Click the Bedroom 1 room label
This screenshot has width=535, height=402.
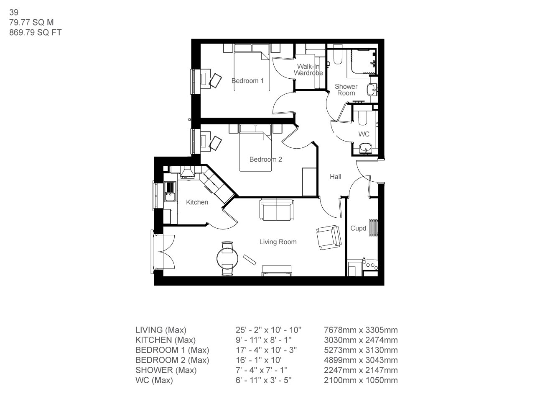pos(247,80)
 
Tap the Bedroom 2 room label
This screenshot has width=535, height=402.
pos(265,159)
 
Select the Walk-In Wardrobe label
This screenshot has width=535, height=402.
pos(308,70)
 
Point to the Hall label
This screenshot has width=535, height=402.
pos(335,177)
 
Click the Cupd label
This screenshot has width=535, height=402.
pos(358,228)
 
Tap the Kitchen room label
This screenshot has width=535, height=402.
pos(197,202)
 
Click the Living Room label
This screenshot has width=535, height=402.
pos(278,242)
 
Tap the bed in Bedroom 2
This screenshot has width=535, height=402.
pos(255,151)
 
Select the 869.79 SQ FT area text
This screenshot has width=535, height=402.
pos(35,32)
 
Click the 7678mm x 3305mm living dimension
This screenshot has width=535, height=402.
pos(361,330)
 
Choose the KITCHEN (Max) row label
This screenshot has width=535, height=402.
pos(165,340)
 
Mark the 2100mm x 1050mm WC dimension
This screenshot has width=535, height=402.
pos(361,380)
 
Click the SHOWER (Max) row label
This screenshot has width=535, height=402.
pos(166,370)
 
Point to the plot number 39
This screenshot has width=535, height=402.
pos(13,13)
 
